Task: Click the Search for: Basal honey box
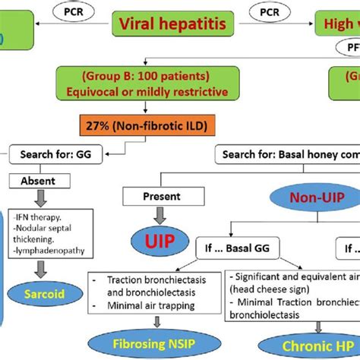289,155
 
